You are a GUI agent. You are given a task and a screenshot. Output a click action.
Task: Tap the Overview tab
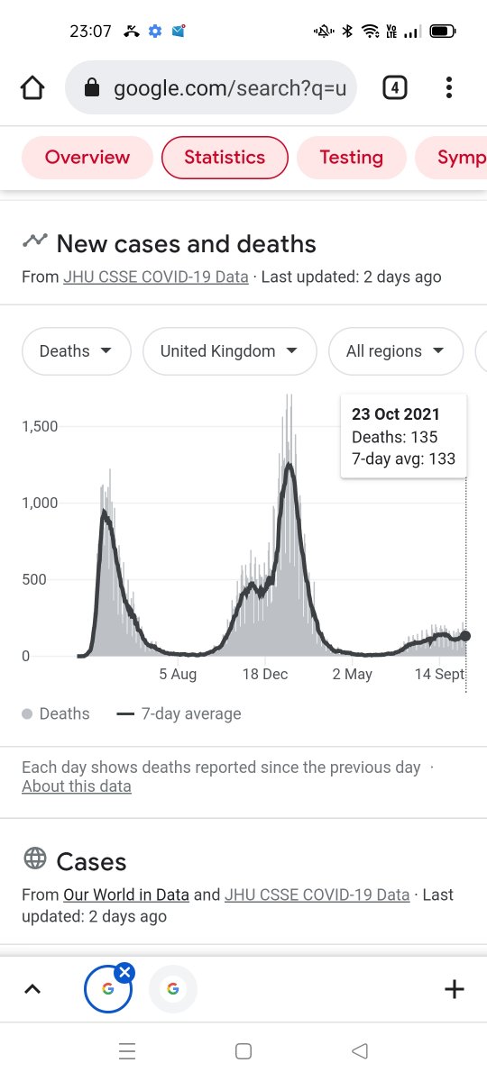(x=87, y=158)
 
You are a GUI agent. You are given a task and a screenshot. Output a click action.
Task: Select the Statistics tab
(x=225, y=158)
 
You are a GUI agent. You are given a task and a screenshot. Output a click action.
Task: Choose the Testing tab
(x=351, y=158)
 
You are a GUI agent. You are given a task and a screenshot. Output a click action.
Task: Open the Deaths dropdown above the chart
(x=77, y=350)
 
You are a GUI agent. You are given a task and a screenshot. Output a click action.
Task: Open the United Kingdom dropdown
(x=229, y=350)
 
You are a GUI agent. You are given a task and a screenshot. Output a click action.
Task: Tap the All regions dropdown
(x=396, y=350)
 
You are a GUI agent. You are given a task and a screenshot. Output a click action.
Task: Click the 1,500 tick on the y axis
(x=40, y=426)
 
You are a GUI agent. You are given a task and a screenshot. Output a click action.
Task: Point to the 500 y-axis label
(x=34, y=579)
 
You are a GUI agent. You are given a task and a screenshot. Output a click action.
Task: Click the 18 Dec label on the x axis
(x=265, y=674)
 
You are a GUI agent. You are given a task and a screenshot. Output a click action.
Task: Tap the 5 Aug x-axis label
(x=178, y=674)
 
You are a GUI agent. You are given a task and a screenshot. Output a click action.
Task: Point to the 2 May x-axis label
(x=353, y=674)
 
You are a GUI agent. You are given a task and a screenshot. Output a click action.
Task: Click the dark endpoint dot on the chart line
(x=465, y=636)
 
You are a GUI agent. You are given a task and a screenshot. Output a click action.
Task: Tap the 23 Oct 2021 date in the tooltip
(x=396, y=414)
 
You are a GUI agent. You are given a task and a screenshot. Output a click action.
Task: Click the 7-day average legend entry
(x=179, y=713)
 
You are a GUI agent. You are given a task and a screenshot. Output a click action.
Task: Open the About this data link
(x=77, y=786)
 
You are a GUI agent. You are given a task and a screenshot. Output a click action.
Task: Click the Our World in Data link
(x=126, y=895)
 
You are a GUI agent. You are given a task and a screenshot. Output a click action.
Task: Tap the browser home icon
(x=32, y=88)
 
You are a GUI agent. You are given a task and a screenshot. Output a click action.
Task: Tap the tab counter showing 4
(x=395, y=88)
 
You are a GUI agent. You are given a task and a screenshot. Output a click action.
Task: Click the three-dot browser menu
(x=449, y=88)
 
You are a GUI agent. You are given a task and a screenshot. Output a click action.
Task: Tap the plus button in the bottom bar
(x=455, y=989)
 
